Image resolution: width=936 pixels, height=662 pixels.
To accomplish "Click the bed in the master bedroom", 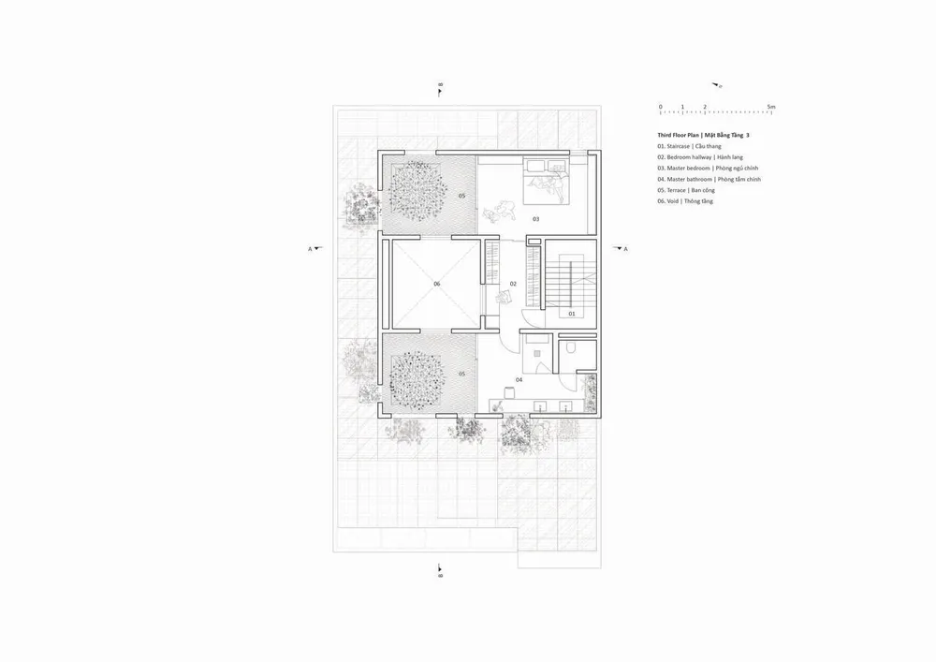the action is tap(547, 180).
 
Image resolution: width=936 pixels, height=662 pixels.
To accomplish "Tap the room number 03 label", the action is tap(536, 219).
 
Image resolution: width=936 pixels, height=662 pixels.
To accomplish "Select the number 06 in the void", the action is tap(436, 284).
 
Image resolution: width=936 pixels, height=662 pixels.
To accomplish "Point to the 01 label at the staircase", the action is tap(571, 314).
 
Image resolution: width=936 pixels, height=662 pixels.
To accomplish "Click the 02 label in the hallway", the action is tap(513, 284).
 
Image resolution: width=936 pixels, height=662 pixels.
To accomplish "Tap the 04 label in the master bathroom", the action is tap(519, 379).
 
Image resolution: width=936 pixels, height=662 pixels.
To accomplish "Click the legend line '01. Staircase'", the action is tap(689, 146).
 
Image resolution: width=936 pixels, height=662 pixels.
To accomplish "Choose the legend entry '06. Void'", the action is tap(685, 201).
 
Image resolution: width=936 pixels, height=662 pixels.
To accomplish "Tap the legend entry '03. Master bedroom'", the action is tap(708, 169).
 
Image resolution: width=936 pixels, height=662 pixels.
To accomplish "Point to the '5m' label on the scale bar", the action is tap(771, 107).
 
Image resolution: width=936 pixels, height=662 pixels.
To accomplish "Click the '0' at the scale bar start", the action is tap(660, 107).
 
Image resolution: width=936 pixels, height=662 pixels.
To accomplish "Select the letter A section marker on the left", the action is tap(310, 249).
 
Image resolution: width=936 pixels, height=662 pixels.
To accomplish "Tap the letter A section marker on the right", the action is tap(625, 249).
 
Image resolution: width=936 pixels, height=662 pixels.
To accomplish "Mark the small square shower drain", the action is tap(536, 353).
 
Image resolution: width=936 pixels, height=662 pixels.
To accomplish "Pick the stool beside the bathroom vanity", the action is tap(509, 391).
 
